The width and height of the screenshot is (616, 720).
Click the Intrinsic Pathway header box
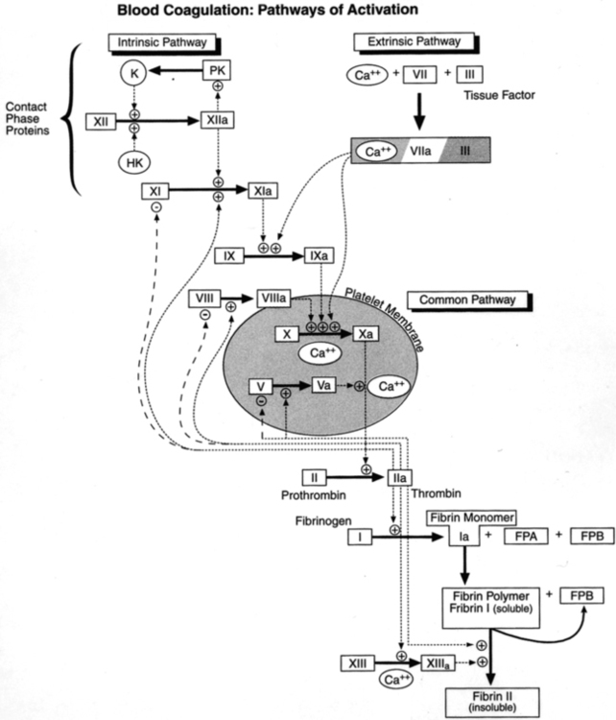pyautogui.click(x=162, y=43)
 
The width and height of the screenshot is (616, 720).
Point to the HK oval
pyautogui.click(x=133, y=165)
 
